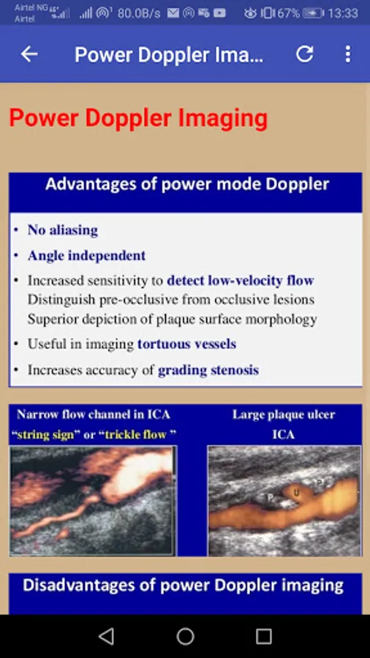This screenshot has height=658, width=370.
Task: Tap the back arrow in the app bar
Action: click(x=29, y=53)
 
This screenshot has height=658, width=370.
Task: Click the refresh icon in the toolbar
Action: click(x=305, y=53)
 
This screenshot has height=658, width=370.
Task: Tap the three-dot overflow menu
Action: click(x=348, y=54)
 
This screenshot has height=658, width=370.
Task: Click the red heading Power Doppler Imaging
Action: click(x=138, y=118)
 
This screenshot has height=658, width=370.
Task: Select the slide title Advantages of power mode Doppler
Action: click(x=187, y=184)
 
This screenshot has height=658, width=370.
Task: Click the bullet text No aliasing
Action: click(x=63, y=230)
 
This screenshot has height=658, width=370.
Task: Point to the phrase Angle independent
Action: click(x=87, y=255)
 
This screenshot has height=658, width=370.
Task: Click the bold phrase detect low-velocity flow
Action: click(x=241, y=280)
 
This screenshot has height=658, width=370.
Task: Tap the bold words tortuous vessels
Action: click(x=186, y=344)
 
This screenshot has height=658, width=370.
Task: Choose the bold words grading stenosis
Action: click(x=208, y=370)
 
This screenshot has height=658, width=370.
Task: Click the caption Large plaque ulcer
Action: click(x=284, y=415)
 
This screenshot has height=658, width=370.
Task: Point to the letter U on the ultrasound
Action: click(x=297, y=492)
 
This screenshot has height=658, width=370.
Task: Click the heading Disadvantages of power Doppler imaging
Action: click(x=184, y=585)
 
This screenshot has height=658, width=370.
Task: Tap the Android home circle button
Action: click(x=185, y=637)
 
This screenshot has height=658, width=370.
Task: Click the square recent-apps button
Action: click(x=263, y=637)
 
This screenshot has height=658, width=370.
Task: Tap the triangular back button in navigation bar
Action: click(x=107, y=637)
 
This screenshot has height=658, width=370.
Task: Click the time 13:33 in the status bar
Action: click(x=343, y=13)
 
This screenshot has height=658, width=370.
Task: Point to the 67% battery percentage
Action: click(x=288, y=13)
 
